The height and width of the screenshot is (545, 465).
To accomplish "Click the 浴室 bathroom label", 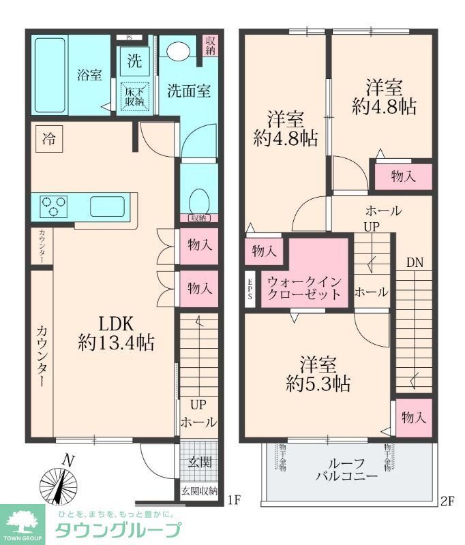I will point(89,75).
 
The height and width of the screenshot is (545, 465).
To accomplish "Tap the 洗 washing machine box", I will point(135,61).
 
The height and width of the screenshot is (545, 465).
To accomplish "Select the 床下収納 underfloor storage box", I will point(134,96).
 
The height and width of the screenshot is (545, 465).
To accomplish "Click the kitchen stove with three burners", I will point(53,204).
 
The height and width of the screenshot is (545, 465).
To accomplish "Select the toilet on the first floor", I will point(198,201).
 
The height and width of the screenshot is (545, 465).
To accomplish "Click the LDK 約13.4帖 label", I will point(116,332).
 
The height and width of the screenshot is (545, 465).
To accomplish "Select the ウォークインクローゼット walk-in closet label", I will point(304,287).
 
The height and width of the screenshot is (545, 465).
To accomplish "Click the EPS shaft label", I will point(250,290).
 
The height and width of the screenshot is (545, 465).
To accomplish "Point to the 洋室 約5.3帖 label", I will point(318,373).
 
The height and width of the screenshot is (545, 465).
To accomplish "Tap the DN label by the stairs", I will point(415,262).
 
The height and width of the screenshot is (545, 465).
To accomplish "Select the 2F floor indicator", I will point(447,502).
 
